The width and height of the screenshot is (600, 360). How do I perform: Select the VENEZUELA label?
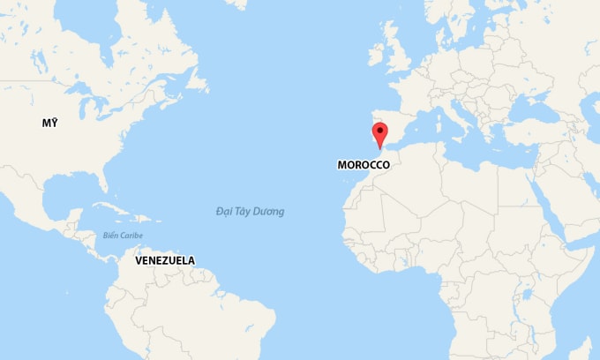[165, 260]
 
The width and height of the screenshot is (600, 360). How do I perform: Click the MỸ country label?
[49, 123]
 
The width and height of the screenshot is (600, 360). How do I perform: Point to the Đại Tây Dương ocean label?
[250, 212]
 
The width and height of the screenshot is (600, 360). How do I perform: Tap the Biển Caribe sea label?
[123, 236]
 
